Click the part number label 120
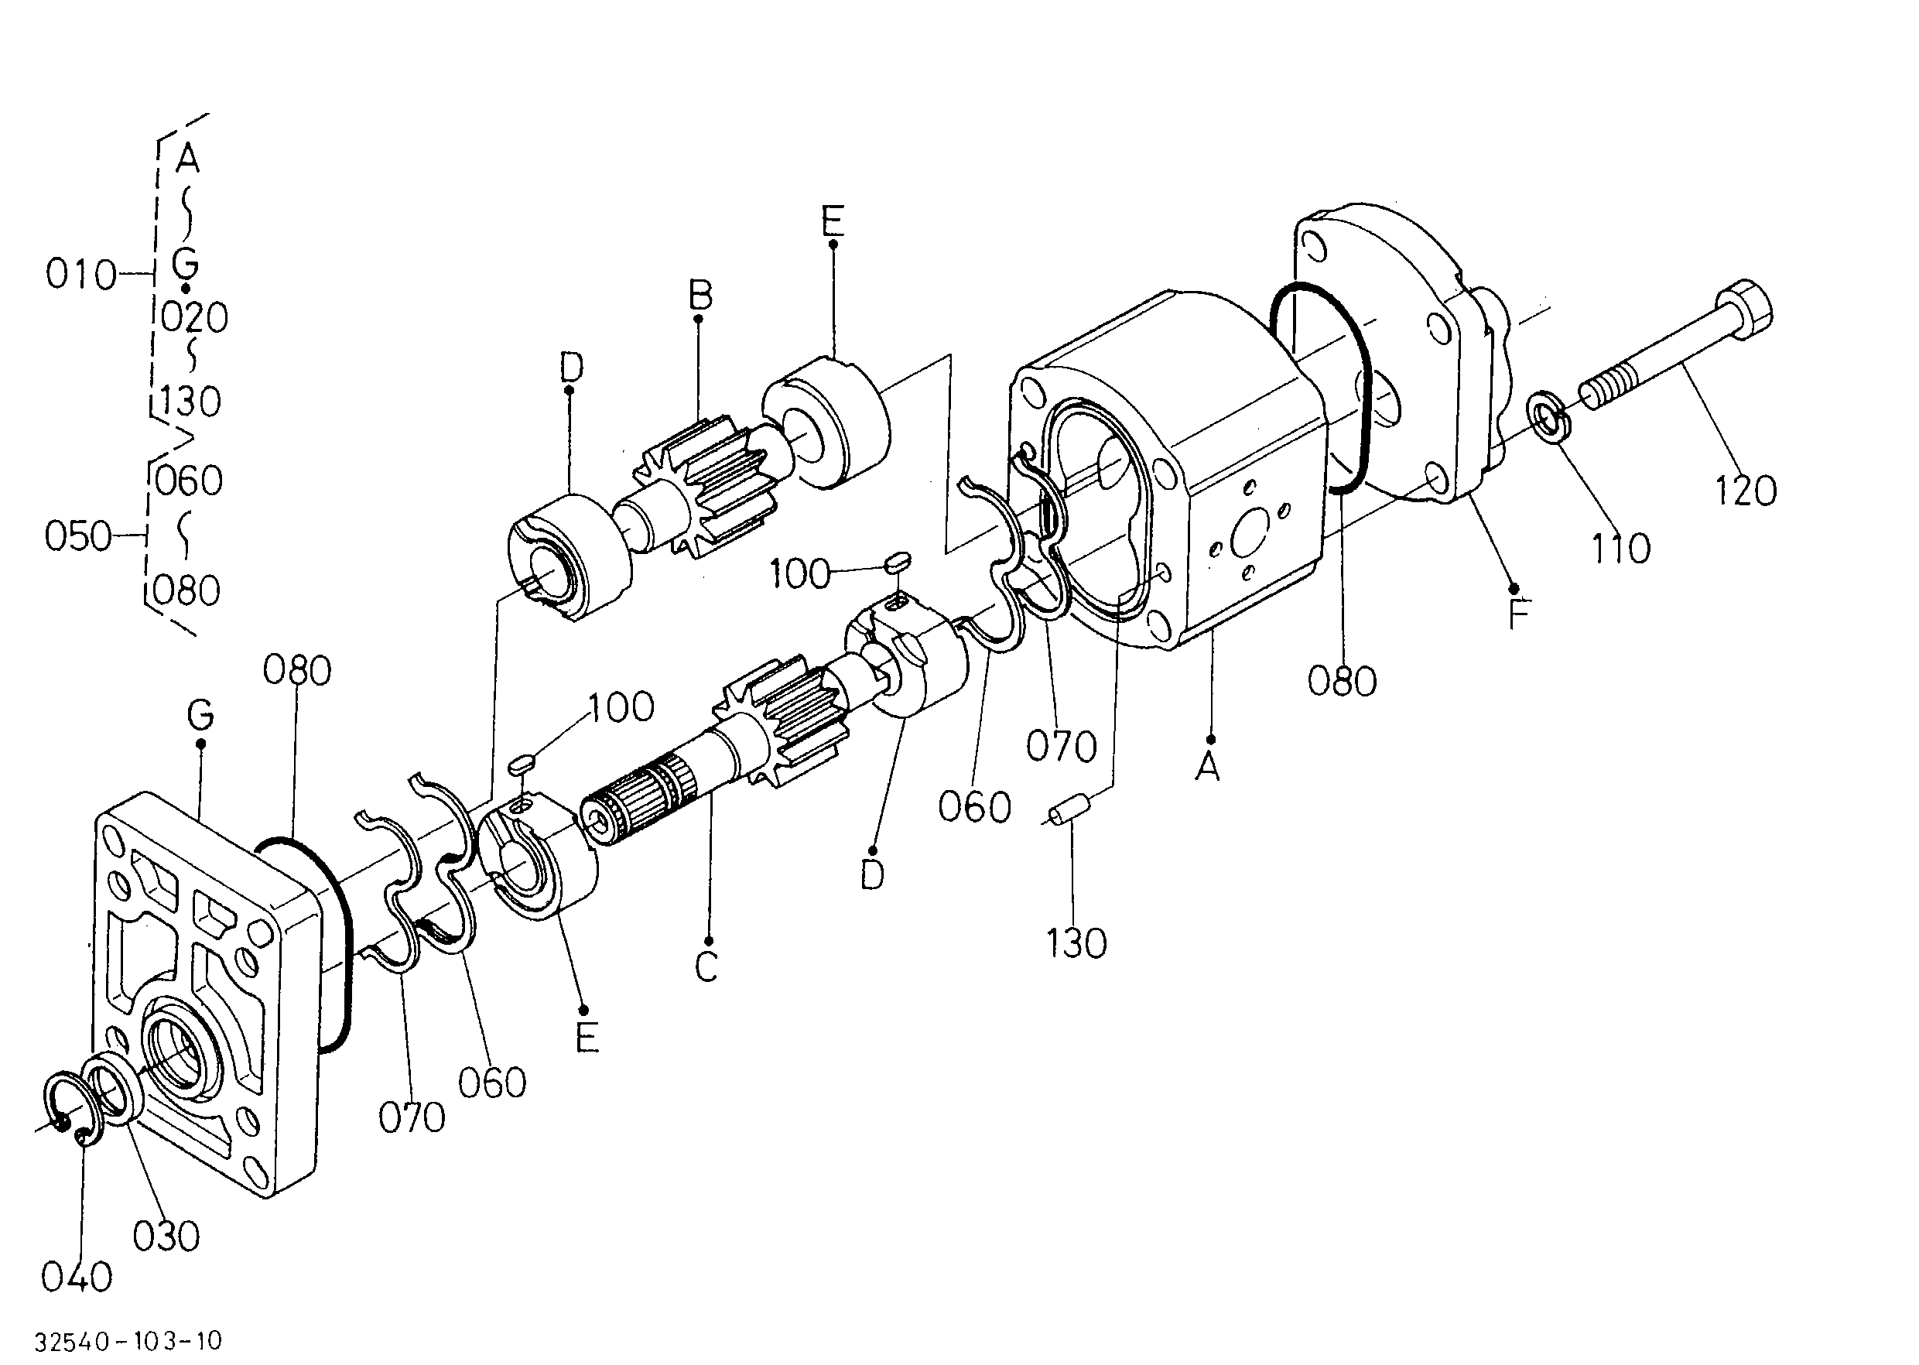1745,490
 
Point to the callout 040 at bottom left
77,1278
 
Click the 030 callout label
166,1237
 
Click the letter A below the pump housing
1208,766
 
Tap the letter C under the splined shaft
706,966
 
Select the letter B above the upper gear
700,296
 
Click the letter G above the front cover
201,716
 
